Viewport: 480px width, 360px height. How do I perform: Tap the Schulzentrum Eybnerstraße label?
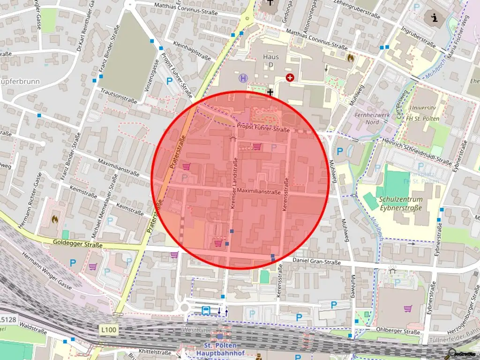[x=403, y=203]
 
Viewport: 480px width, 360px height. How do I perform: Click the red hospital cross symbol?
[x=290, y=78]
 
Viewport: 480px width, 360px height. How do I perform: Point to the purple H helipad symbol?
[x=243, y=78]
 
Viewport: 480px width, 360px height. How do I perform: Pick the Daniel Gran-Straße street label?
[x=316, y=261]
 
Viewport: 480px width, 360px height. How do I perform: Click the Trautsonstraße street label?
[x=118, y=97]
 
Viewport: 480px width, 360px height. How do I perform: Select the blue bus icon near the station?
[x=206, y=310]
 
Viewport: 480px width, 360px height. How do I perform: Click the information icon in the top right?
[x=434, y=18]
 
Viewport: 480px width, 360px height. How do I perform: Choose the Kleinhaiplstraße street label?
[x=192, y=50]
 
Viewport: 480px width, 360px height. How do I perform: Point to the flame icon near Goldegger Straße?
[x=55, y=218]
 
